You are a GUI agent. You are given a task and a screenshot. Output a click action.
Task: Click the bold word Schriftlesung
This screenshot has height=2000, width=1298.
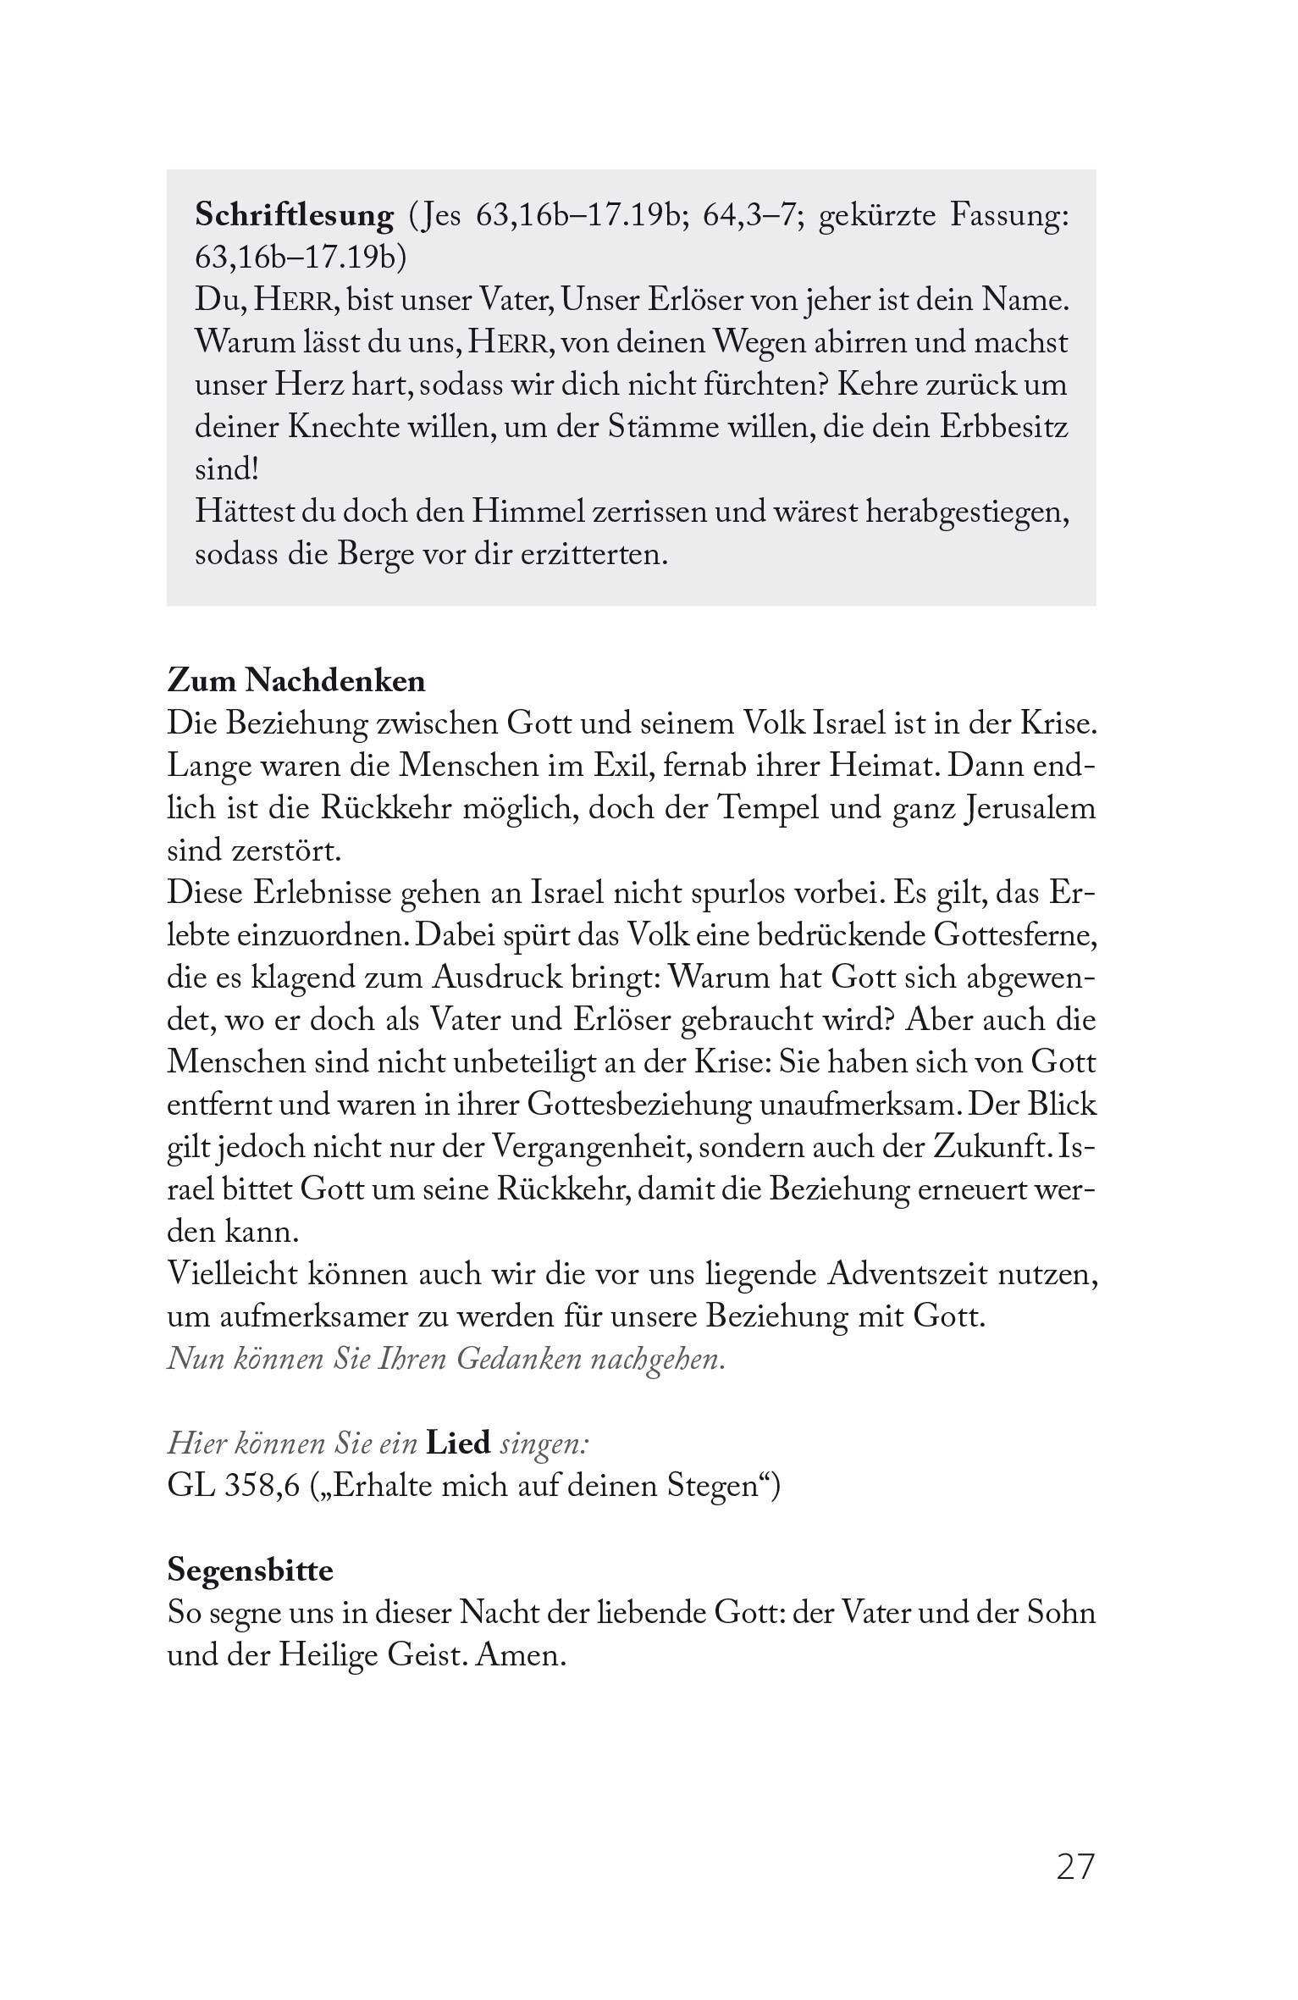coord(294,217)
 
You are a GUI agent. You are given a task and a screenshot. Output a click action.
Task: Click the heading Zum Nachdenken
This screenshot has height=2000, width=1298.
coord(296,681)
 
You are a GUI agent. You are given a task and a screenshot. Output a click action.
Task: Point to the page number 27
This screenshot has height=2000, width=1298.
coord(1075,1867)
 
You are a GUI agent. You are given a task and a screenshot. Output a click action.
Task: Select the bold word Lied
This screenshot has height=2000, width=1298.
coord(458,1443)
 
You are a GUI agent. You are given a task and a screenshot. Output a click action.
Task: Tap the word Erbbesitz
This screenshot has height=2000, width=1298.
coord(1003,427)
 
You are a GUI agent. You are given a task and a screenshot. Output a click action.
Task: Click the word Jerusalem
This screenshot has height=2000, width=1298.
coord(1029,808)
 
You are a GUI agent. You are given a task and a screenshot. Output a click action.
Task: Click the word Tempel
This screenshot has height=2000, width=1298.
coord(767,808)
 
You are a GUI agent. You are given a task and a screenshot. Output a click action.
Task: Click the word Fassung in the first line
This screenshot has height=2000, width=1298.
coord(1008,217)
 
